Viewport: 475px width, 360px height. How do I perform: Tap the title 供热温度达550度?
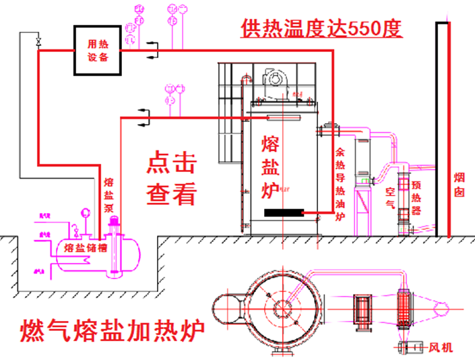point(321,28)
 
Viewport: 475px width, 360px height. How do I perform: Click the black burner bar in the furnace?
point(283,213)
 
